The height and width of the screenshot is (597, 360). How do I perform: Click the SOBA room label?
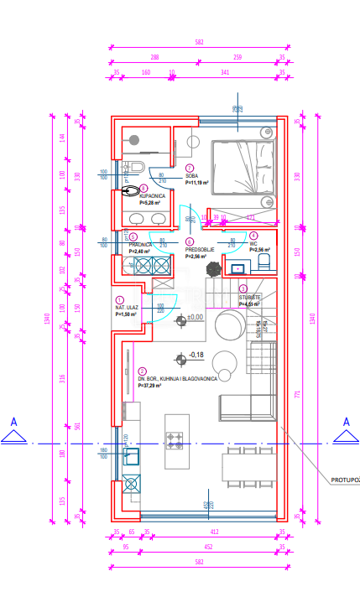point(192,175)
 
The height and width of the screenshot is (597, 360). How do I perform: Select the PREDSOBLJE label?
point(197,247)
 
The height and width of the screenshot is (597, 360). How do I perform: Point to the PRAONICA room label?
point(139,244)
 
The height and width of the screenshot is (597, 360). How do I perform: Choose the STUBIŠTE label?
point(249,298)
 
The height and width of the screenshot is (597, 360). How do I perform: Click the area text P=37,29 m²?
point(153,385)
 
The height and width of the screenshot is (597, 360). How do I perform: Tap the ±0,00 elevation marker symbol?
point(180,319)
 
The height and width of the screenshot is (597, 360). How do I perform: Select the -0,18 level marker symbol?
point(180,359)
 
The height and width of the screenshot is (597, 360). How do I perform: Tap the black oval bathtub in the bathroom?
point(131,190)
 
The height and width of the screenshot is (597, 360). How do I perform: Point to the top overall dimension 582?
point(199,42)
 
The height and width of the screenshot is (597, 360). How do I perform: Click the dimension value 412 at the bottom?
point(213,532)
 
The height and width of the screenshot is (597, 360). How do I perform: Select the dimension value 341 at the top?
point(224,72)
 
